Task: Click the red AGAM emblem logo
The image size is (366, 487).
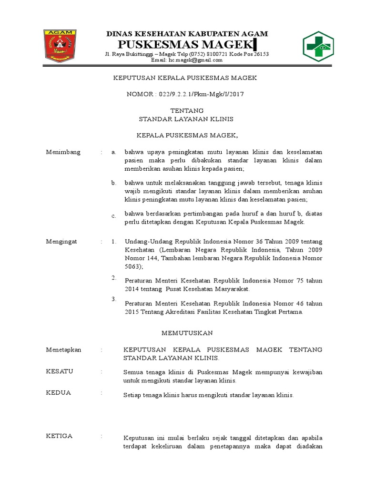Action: tap(60, 46)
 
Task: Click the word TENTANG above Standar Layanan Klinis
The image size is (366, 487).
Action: tap(183, 110)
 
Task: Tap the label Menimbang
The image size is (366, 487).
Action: tap(63, 152)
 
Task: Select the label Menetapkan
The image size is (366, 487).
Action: tap(63, 350)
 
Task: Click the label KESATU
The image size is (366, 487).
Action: tap(59, 371)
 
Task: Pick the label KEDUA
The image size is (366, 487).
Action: tap(58, 392)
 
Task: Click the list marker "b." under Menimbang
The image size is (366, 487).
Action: tap(114, 183)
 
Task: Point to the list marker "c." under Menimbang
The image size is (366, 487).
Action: tap(114, 216)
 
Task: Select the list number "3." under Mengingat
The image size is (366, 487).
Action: tap(114, 299)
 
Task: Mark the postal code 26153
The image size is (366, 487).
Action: tap(260, 54)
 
